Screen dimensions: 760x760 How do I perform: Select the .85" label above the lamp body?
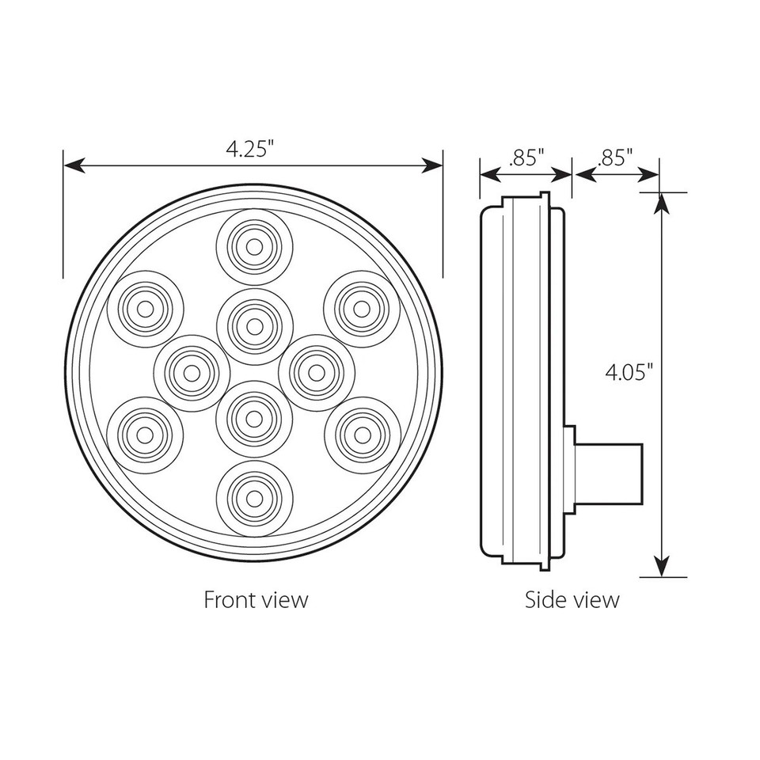pos(526,156)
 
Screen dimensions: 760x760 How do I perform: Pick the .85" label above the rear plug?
pos(616,156)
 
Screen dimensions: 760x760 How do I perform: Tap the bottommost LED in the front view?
pos(254,496)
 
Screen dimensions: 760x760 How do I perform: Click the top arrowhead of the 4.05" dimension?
pos(659,201)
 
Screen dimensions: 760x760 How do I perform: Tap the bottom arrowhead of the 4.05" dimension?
pos(659,568)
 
